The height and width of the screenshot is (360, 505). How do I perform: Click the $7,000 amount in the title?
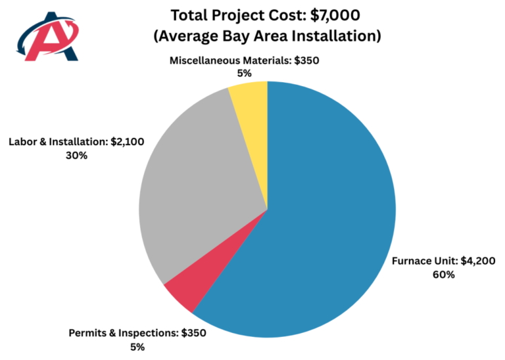335,16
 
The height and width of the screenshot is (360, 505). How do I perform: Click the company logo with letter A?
47,36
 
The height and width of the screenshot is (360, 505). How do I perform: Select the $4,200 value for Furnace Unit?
478,261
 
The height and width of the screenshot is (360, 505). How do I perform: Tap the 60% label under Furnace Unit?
443,275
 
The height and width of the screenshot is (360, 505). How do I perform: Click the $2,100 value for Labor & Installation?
127,142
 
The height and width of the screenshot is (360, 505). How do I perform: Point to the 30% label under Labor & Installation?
76,156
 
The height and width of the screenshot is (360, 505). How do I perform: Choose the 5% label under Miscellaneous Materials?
244,74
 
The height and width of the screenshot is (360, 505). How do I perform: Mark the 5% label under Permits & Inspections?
137,348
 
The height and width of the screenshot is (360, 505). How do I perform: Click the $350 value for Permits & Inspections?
193,333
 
